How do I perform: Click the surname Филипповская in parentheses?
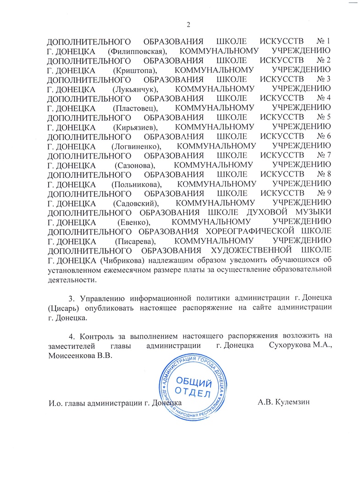click(x=137, y=50)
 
